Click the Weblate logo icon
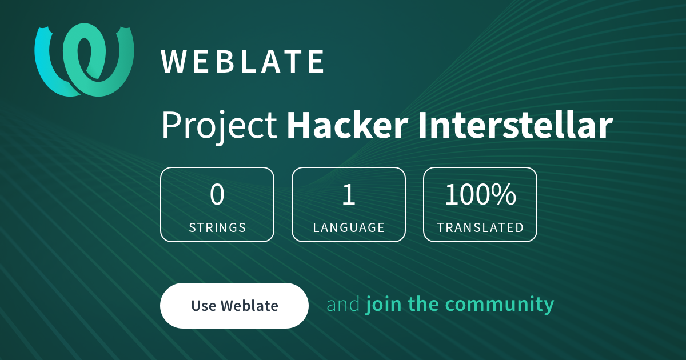coord(85,59)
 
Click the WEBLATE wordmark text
coord(243,62)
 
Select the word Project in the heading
coord(220,126)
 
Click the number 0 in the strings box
coord(217,195)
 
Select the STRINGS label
coord(217,227)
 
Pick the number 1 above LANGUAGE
coord(349,195)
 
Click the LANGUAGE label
coord(349,227)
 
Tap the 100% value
coord(480,195)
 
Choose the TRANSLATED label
coord(480,227)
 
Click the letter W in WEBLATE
coord(174,62)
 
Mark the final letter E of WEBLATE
coord(317,62)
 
